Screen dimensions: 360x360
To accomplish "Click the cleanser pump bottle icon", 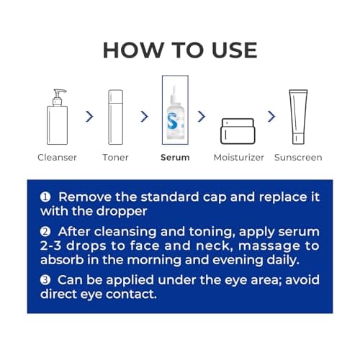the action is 57,117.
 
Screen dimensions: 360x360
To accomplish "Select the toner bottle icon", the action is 116,117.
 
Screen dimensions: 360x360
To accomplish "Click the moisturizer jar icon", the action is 238,131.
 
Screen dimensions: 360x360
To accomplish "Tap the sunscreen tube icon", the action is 298,117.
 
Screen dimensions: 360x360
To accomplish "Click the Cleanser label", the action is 57,158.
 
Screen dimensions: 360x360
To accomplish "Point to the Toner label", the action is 115,158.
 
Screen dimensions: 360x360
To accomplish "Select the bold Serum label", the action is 175,158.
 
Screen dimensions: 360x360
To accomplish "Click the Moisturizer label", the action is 239,158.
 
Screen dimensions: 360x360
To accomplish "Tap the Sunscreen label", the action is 298,158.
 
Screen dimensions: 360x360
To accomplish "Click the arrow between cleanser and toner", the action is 89,117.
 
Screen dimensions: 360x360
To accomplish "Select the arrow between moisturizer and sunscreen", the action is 271,117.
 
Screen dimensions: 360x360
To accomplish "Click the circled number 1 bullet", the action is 45,197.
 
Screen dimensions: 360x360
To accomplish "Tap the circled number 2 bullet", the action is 45,232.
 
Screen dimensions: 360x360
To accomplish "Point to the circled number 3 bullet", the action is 45,280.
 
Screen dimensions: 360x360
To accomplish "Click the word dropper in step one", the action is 122,212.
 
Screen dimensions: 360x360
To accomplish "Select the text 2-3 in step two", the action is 50,246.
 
